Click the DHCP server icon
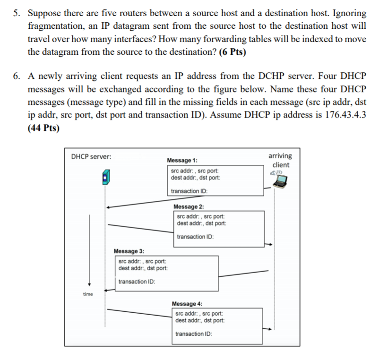click(105, 179)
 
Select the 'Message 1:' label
click(182, 161)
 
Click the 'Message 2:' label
click(189, 206)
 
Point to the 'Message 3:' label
click(129, 251)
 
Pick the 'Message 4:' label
click(187, 303)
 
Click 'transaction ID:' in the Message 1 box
click(189, 191)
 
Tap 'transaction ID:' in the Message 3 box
click(137, 282)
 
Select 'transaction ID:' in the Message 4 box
click(193, 334)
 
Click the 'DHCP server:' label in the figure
click(91, 156)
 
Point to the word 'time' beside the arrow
click(88, 294)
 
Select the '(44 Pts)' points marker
click(44, 129)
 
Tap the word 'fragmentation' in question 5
click(53, 26)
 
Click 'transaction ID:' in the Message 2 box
click(195, 237)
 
